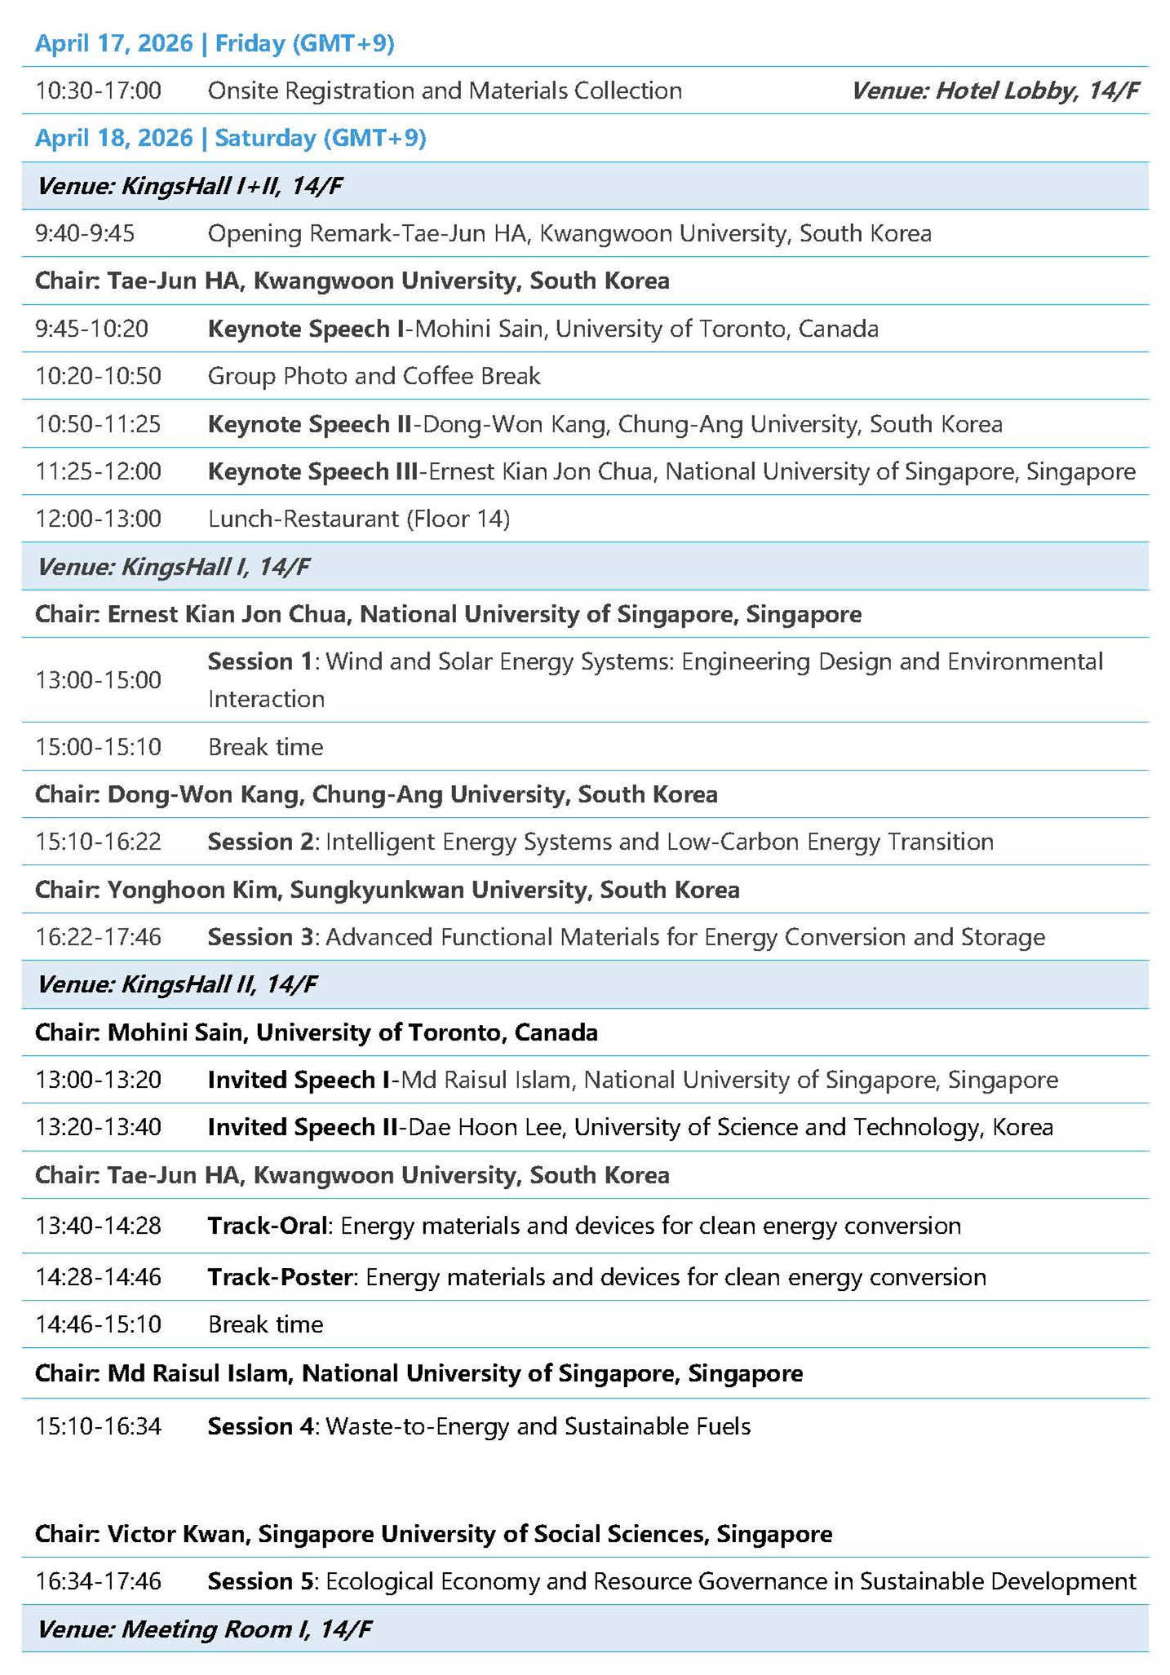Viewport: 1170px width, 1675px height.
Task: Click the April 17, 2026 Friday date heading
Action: coord(215,43)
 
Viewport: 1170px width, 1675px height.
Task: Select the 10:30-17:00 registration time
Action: coord(98,91)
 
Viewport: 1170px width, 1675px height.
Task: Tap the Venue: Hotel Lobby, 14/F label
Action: coord(995,91)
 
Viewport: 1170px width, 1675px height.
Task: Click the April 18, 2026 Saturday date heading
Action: coord(230,138)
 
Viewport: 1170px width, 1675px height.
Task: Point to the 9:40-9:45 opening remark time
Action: coord(85,234)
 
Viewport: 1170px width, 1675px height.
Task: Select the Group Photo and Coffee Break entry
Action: coord(374,376)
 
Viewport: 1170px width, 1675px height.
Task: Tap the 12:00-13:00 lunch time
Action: coord(98,519)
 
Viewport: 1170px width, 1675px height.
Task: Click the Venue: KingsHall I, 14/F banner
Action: coord(174,567)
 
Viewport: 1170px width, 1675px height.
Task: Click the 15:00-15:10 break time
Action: coord(98,747)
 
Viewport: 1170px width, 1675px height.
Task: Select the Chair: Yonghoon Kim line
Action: coord(387,890)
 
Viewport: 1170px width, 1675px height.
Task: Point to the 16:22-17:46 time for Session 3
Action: coord(98,937)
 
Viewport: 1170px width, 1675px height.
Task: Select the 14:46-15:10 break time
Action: coord(98,1324)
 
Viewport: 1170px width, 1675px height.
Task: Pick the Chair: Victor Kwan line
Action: coord(433,1534)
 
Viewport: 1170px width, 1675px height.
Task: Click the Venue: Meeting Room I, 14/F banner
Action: coord(205,1629)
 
